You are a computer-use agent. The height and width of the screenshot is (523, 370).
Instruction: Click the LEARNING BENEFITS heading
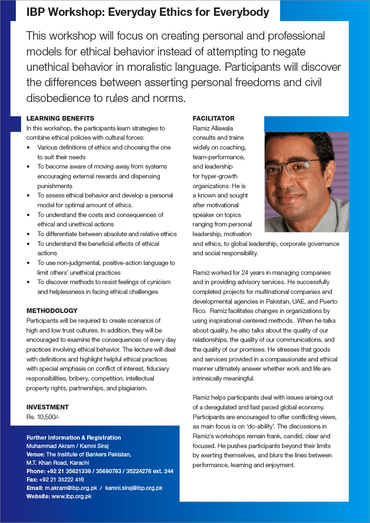pyautogui.click(x=60, y=118)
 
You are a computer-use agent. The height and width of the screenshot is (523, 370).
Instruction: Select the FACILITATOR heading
pyautogui.click(x=213, y=118)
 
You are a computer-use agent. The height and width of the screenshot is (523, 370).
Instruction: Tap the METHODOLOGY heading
pyautogui.click(x=52, y=311)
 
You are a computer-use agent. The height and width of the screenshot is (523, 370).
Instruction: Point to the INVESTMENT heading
pyautogui.click(x=48, y=407)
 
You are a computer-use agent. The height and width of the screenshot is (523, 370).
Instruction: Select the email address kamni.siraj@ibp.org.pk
pyautogui.click(x=134, y=488)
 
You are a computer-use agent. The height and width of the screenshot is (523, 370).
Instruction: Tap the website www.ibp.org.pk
pyautogui.click(x=71, y=496)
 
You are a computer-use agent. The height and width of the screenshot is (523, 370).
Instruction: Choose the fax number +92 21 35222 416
pyautogui.click(x=62, y=479)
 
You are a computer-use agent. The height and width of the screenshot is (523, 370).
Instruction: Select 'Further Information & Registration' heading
pyautogui.click(x=74, y=437)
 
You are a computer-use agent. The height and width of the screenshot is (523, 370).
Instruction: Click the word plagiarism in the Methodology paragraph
pyautogui.click(x=133, y=387)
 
